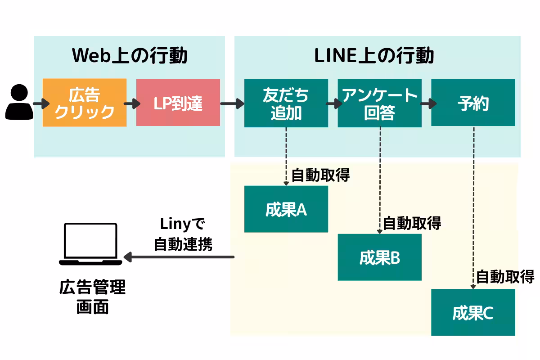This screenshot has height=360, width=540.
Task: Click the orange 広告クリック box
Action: click(x=85, y=103)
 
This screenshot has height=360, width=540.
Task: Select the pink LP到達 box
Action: click(x=178, y=103)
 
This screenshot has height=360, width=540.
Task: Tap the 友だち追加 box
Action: click(x=286, y=103)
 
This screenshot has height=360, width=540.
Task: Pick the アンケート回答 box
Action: click(x=379, y=103)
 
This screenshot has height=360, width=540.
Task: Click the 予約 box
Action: click(x=473, y=103)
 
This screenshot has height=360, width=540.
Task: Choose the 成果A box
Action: click(x=286, y=209)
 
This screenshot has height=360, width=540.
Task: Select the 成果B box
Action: click(x=379, y=257)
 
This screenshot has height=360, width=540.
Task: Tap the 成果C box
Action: click(x=473, y=312)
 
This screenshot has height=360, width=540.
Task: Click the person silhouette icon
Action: click(x=19, y=103)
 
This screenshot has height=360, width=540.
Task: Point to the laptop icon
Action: click(x=90, y=243)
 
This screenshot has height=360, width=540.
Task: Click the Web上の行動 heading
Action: click(x=130, y=56)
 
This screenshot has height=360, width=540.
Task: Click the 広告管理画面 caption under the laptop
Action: click(x=92, y=297)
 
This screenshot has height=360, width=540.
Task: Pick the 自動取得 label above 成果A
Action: click(x=320, y=175)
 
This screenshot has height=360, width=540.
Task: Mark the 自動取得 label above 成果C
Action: click(x=505, y=276)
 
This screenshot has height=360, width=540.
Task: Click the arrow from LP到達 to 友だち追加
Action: click(x=232, y=104)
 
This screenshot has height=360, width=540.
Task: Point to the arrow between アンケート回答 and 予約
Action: click(x=426, y=104)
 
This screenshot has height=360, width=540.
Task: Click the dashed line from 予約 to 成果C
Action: click(x=474, y=202)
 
